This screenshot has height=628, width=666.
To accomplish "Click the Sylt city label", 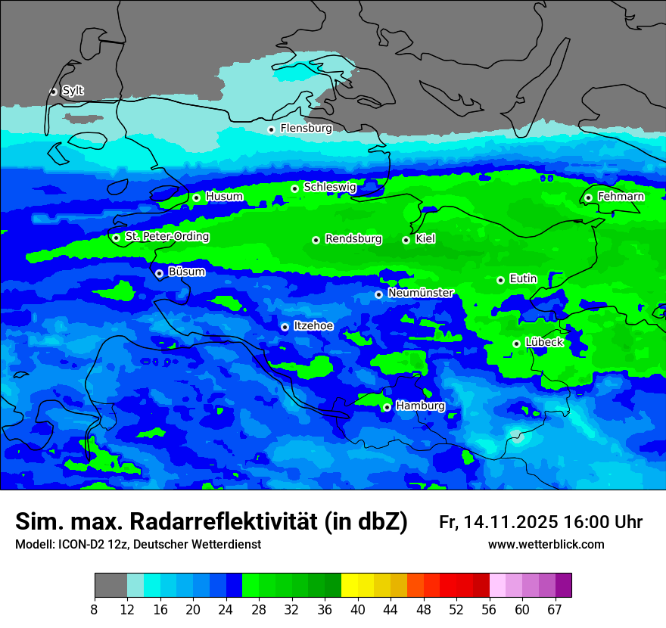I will (x=73, y=91).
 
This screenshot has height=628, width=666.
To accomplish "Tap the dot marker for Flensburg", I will (x=271, y=129).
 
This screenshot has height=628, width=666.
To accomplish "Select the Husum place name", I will (x=224, y=197).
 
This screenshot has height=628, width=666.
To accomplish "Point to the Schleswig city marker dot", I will (x=294, y=188).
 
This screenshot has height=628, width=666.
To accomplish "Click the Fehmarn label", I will (x=621, y=197).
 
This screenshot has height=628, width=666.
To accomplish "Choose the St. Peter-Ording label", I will (x=166, y=237).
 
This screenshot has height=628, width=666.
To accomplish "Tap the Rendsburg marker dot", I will (x=316, y=240).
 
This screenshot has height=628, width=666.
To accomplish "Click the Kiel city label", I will (x=425, y=239).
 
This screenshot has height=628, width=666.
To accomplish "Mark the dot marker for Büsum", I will (x=159, y=274).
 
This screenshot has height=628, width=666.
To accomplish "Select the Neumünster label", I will (x=420, y=293).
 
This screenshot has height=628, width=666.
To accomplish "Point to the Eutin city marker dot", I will (x=500, y=280).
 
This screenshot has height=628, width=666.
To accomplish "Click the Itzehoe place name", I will (x=313, y=326).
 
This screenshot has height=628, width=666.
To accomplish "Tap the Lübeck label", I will (x=543, y=343).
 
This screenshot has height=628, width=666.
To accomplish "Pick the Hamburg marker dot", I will (x=387, y=407).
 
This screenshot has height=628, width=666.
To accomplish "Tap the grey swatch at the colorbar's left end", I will (x=110, y=586).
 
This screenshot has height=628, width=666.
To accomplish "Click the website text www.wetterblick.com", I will (x=546, y=545).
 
